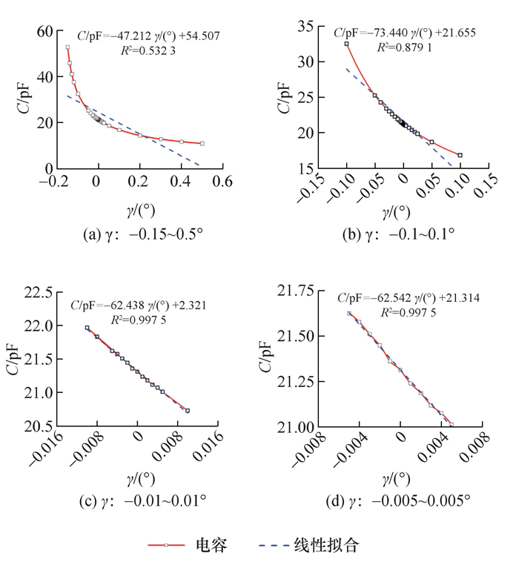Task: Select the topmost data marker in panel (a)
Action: click(67, 47)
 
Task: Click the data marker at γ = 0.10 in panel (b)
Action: click(460, 155)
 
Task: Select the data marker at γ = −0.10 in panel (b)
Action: click(346, 44)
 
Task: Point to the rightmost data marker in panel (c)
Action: click(188, 411)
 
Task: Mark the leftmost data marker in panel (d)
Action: click(348, 313)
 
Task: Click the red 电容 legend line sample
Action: click(168, 546)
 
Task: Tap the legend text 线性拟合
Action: click(336, 546)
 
